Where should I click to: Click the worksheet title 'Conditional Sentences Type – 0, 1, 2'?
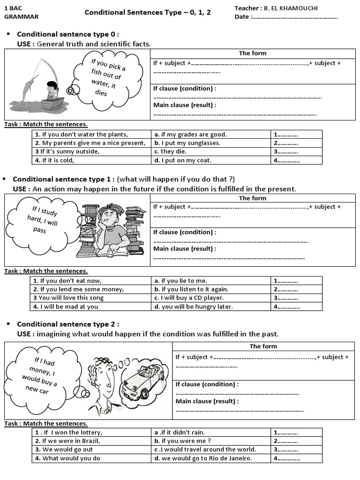(x=148, y=12)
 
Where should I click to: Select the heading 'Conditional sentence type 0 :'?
(x=68, y=34)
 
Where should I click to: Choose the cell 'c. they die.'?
(x=212, y=151)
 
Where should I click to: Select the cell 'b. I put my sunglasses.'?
(x=212, y=143)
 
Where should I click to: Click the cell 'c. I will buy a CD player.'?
(x=212, y=298)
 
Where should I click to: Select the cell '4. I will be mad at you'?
(x=91, y=307)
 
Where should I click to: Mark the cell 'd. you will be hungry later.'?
(x=212, y=307)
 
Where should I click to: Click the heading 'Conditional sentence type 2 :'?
(x=68, y=324)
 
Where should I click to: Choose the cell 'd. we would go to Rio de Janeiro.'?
(x=212, y=458)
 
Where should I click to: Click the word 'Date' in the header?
(x=242, y=17)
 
